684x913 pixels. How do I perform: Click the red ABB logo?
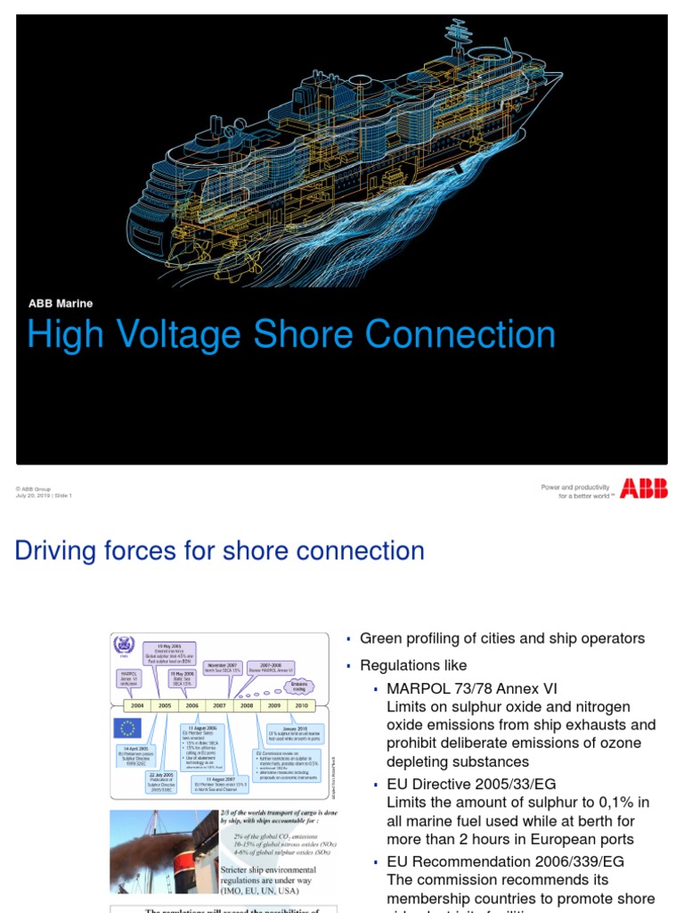pyautogui.click(x=643, y=488)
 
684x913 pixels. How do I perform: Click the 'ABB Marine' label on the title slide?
pyautogui.click(x=61, y=303)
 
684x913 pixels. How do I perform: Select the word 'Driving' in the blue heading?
pyautogui.click(x=58, y=551)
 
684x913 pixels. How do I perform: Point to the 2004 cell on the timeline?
pyautogui.click(x=137, y=704)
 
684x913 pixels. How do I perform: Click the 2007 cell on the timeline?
pyautogui.click(x=219, y=704)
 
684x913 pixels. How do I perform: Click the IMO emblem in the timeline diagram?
pyautogui.click(x=123, y=646)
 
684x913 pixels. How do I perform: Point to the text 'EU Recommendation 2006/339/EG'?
pyautogui.click(x=505, y=861)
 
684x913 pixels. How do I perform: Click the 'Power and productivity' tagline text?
pyautogui.click(x=575, y=487)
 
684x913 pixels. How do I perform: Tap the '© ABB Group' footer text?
pyautogui.click(x=33, y=489)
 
